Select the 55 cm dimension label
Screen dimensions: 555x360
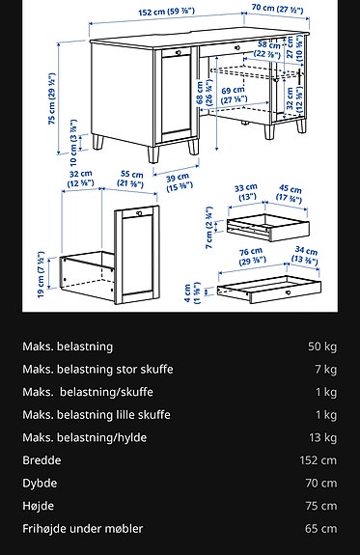point(131,180)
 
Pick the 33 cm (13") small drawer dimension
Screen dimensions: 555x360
point(245,192)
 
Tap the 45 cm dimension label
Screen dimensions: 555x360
point(289,192)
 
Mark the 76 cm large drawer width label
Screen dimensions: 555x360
point(252,256)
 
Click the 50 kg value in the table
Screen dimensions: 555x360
point(321,347)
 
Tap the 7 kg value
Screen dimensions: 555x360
point(325,370)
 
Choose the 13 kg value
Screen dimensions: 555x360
point(321,438)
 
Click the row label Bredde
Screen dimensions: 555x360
point(42,460)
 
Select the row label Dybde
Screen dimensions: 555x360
point(40,484)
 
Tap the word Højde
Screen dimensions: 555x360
point(39,506)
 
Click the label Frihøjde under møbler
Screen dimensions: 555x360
point(83,529)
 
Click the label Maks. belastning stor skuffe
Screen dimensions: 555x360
point(97,370)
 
